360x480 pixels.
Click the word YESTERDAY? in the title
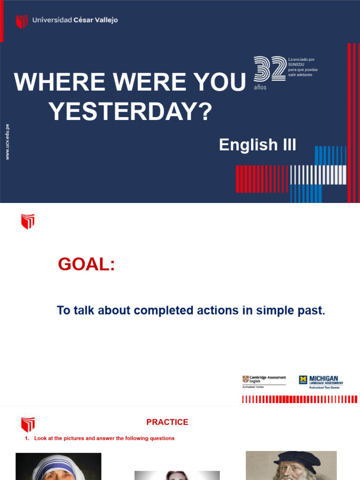click(130, 112)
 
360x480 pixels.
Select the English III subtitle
click(257, 145)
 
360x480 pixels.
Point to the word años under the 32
click(260, 88)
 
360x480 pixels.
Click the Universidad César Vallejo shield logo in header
click(22, 21)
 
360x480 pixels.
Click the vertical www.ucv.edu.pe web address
click(7, 142)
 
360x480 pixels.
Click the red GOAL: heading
click(86, 264)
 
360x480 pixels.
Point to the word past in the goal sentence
click(312, 310)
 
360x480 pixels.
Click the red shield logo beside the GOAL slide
click(28, 221)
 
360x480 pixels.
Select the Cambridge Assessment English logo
click(264, 381)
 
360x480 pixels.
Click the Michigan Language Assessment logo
click(321, 382)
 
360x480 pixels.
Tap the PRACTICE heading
click(167, 422)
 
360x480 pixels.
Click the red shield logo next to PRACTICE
click(28, 424)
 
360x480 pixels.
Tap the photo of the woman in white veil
click(58, 466)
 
